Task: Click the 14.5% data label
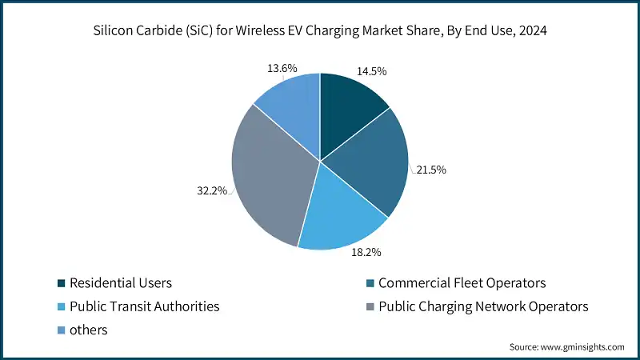coord(372,71)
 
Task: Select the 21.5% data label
coord(430,170)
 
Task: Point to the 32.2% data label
coord(212,190)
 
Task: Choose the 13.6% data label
coord(282,68)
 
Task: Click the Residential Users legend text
coord(121,282)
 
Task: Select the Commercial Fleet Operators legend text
coord(462,282)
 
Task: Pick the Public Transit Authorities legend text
coord(144,306)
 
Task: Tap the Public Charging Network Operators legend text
coord(483,306)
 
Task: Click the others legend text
coord(88,329)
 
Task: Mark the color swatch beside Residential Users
coord(61,283)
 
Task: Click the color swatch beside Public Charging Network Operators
coord(370,306)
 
